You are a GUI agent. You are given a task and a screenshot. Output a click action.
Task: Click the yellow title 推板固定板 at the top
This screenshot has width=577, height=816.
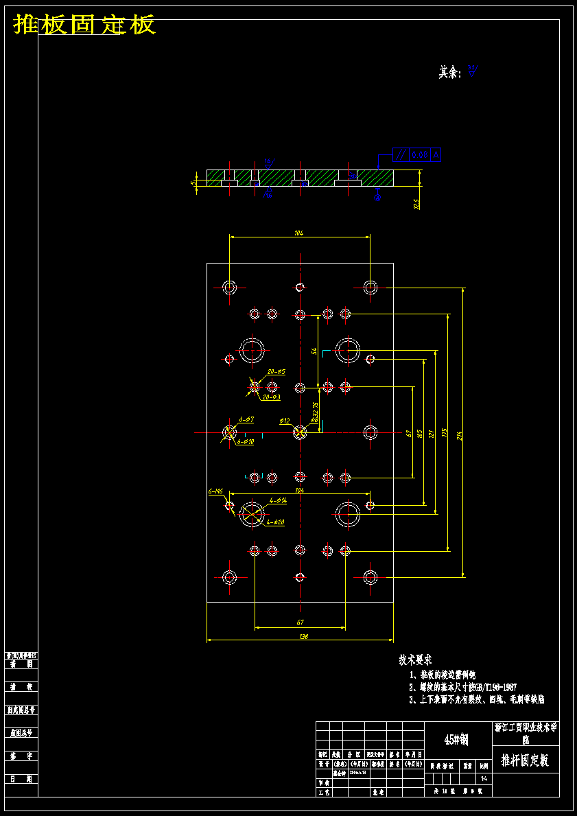[84, 25]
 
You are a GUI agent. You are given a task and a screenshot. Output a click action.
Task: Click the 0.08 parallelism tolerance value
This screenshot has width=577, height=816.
[420, 156]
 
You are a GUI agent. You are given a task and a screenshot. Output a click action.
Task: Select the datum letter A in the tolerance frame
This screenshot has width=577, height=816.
[436, 156]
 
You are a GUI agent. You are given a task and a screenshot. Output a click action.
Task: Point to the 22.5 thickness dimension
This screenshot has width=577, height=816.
[416, 204]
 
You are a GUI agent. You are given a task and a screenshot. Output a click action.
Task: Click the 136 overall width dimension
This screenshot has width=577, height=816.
[300, 637]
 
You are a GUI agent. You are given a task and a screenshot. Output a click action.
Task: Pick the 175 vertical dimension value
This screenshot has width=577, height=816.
[445, 433]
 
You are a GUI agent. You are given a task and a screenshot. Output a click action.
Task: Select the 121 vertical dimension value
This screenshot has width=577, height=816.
[431, 434]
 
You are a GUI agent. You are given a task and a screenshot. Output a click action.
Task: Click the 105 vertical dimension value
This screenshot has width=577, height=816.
[419, 434]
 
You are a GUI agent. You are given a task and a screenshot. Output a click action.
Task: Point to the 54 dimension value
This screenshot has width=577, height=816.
[314, 351]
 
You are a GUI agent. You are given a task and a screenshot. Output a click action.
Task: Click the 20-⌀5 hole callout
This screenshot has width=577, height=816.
[276, 372]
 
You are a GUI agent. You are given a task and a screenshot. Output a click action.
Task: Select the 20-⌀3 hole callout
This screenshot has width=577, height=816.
[271, 397]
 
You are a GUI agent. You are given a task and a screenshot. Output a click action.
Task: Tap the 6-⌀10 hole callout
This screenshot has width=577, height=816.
[246, 443]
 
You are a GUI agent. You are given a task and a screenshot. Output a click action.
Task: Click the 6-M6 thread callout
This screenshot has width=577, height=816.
[215, 492]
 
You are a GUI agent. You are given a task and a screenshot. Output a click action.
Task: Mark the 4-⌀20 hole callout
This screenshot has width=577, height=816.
[276, 522]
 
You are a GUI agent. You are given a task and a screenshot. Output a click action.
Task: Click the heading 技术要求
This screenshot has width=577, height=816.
[415, 660]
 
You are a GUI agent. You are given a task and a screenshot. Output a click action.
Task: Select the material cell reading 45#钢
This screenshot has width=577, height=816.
[456, 739]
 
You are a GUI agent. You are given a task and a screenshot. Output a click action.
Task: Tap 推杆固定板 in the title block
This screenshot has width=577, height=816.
[525, 760]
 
